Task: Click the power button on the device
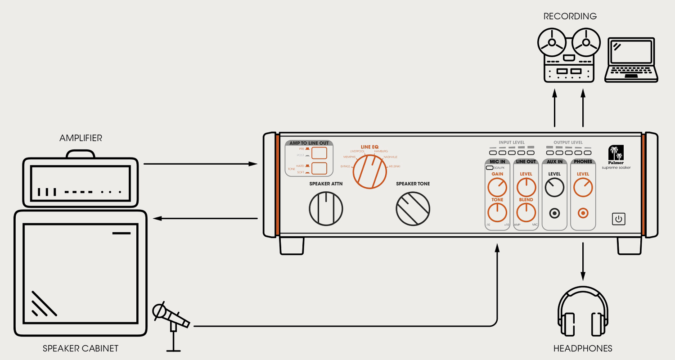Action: coord(619,219)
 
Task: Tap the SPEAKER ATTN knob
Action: coord(326,208)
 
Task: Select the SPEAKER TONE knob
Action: coord(413,208)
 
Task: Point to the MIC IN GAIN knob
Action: coord(497,187)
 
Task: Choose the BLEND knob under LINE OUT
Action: coord(526,212)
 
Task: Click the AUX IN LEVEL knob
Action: coord(554,187)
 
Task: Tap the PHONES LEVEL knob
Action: coord(583,187)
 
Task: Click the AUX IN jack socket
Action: coord(554,213)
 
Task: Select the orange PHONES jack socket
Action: coord(583,213)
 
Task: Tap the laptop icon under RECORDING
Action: coord(631,60)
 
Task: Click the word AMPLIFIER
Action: coord(81,138)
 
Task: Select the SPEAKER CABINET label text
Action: coord(81,348)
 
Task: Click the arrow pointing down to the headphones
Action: coord(583,261)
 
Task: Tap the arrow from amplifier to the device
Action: coord(200,164)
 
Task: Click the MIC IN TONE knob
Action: coord(497,212)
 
